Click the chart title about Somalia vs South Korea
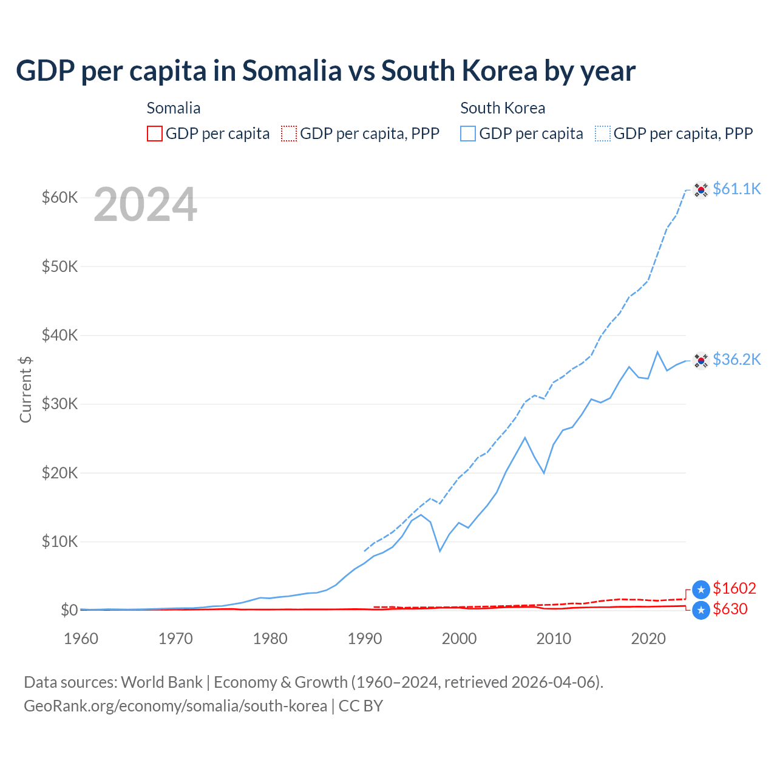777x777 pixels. [x=325, y=71]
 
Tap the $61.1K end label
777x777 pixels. [x=736, y=189]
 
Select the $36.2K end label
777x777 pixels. [x=736, y=359]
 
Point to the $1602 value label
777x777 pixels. [x=734, y=588]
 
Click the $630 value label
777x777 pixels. [x=730, y=609]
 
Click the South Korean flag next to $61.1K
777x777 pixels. [x=701, y=190]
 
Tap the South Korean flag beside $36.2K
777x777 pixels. [x=701, y=361]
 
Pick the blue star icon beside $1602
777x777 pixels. [x=701, y=589]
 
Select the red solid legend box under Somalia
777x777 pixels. [x=155, y=134]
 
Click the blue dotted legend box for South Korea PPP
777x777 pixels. [x=603, y=134]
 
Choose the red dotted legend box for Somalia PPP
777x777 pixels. [x=289, y=134]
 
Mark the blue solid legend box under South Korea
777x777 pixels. [x=468, y=134]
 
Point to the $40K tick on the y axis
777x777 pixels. [x=59, y=335]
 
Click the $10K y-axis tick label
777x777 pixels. [x=59, y=541]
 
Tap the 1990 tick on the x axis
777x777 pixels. [x=365, y=639]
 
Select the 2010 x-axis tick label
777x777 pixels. [x=554, y=639]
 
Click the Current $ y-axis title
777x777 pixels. [x=25, y=389]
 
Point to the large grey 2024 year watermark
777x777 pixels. [x=145, y=205]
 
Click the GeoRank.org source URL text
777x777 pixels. [x=175, y=706]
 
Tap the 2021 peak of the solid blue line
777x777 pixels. [x=657, y=352]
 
